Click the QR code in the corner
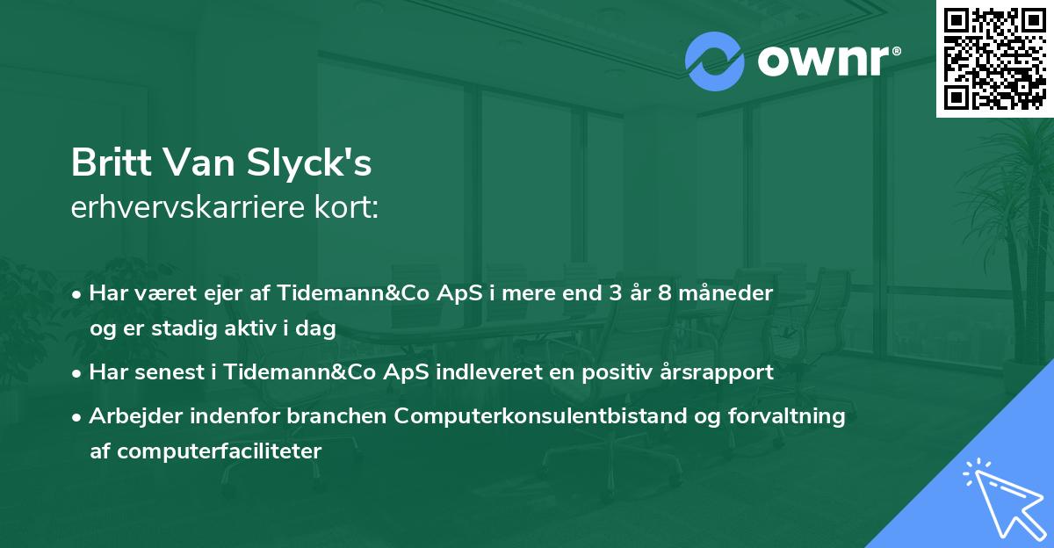point(994,58)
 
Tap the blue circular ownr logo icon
point(715,61)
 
